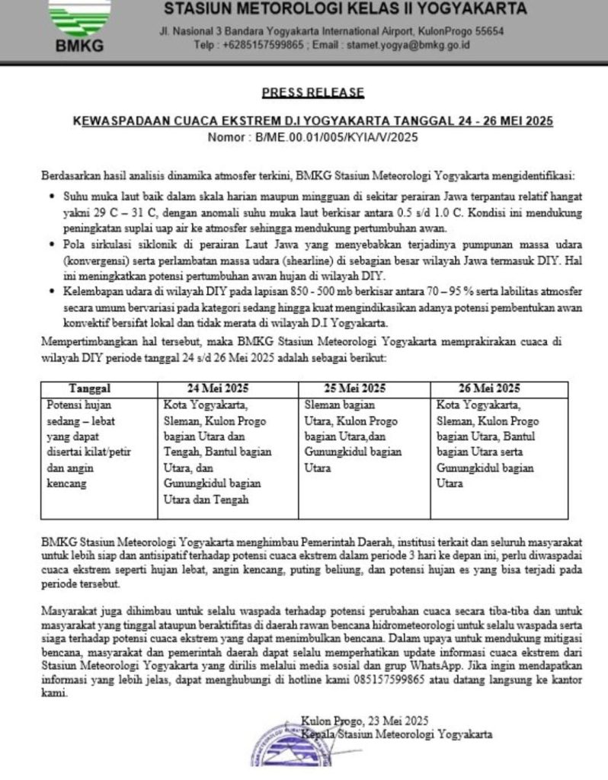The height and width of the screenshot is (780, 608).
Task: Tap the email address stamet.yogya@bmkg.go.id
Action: point(408,45)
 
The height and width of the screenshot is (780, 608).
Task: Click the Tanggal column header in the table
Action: point(90,388)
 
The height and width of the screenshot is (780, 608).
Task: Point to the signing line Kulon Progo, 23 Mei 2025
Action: point(365,720)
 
